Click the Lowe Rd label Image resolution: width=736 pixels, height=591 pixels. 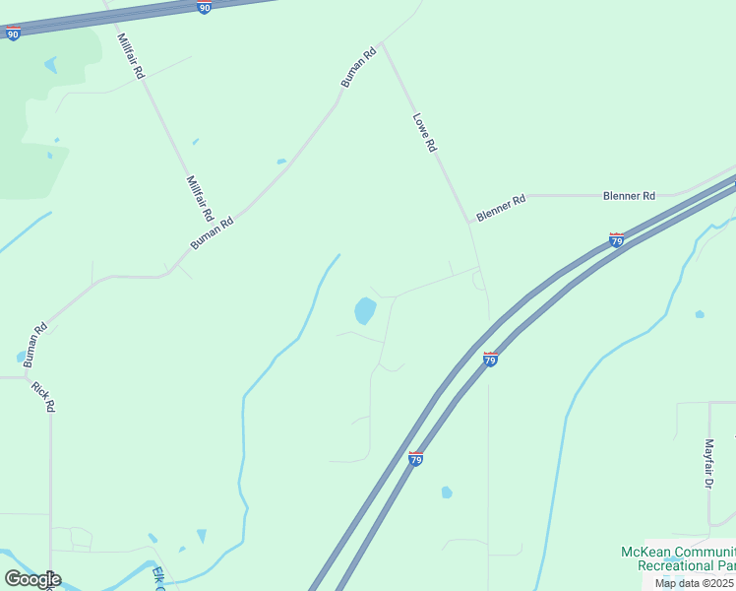[424, 132]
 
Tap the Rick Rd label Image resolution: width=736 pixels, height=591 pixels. [42, 397]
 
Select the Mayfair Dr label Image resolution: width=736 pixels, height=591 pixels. [707, 464]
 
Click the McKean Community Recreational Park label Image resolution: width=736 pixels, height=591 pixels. [677, 558]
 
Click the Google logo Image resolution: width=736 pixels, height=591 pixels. [32, 579]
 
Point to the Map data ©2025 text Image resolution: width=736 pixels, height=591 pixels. [695, 583]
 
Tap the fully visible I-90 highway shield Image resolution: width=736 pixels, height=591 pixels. [204, 8]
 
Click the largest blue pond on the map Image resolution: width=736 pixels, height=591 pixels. [365, 311]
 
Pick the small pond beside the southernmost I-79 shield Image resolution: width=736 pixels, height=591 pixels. [447, 492]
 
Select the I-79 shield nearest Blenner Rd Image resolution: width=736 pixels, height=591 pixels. [617, 239]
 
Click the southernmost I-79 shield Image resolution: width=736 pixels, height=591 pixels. [416, 458]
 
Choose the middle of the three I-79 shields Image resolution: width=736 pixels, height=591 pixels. [490, 359]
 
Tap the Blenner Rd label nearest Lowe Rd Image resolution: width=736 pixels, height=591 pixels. [501, 207]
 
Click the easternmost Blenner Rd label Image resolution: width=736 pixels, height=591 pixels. [629, 196]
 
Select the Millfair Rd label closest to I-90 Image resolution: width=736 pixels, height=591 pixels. [131, 56]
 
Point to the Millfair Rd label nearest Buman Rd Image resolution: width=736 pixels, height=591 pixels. [200, 198]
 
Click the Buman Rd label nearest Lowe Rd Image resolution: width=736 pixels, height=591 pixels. [359, 68]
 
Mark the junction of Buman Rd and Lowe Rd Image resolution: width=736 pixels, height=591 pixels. [382, 44]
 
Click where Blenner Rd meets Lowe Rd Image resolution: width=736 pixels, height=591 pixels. [470, 221]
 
